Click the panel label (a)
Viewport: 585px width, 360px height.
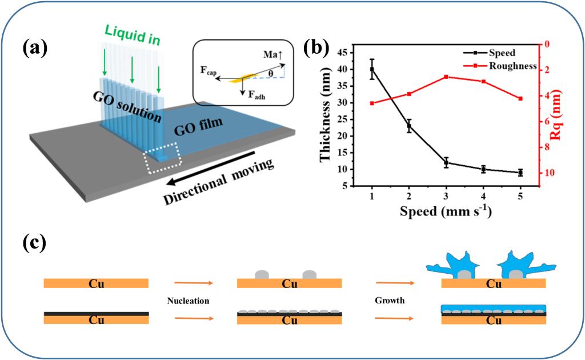click(35, 49)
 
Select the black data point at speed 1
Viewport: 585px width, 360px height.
click(372, 69)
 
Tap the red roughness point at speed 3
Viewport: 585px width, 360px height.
click(446, 77)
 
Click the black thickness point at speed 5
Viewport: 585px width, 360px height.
click(520, 173)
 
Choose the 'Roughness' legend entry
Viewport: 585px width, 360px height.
click(512, 66)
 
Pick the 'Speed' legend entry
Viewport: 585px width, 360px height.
click(503, 53)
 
